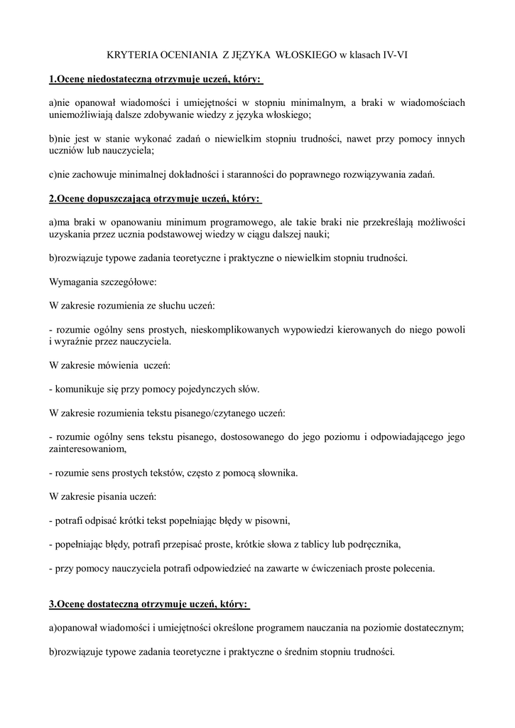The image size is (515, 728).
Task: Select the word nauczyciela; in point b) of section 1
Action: click(128, 150)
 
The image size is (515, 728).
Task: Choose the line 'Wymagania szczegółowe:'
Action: click(97, 282)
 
